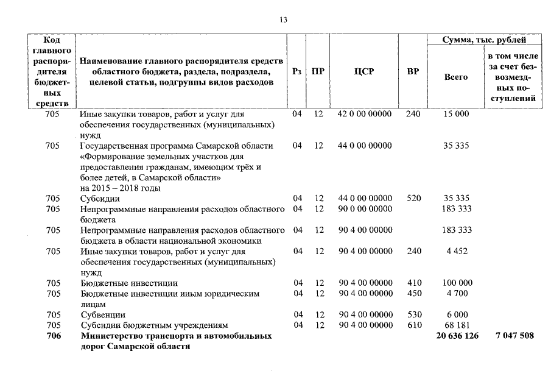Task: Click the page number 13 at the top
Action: tap(283, 19)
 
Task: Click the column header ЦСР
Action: tap(363, 71)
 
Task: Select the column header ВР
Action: tap(412, 71)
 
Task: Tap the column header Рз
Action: tap(297, 71)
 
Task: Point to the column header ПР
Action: tap(318, 71)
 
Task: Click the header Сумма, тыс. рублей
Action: tap(484, 40)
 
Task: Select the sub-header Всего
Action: tap(456, 77)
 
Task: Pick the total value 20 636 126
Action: tap(457, 336)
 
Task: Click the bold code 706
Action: tap(53, 336)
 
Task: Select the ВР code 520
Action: tap(413, 199)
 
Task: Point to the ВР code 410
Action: tap(413, 283)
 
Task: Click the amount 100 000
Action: tap(457, 283)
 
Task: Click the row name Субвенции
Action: tap(103, 315)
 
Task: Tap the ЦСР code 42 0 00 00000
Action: tap(365, 114)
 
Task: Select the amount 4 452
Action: tap(457, 251)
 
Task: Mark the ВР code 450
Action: tap(413, 294)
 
